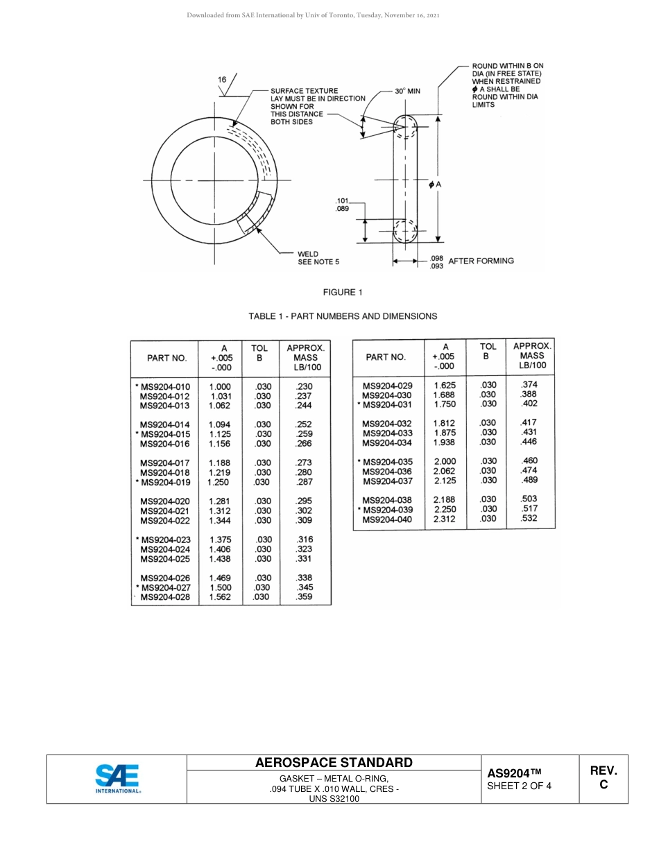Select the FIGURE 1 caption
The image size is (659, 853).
343,292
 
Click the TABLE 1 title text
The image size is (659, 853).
343,316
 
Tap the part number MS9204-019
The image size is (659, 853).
164,482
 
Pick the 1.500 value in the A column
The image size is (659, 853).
220,587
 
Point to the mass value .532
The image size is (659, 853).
529,518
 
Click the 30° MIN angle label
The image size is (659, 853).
407,91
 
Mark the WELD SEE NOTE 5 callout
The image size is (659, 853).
318,258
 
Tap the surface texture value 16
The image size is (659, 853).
222,80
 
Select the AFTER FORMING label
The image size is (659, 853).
481,261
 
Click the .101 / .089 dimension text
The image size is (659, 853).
342,205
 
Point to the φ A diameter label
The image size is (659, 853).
436,184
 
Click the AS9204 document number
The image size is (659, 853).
513,773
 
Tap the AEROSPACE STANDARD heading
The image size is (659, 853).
334,762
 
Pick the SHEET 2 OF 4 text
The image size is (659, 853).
519,786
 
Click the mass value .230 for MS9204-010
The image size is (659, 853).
304,387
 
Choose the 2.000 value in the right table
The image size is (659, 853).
445,461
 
